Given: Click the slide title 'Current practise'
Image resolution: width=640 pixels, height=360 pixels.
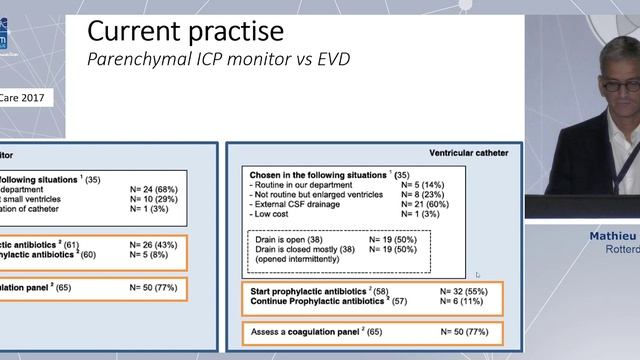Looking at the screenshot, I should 185,30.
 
